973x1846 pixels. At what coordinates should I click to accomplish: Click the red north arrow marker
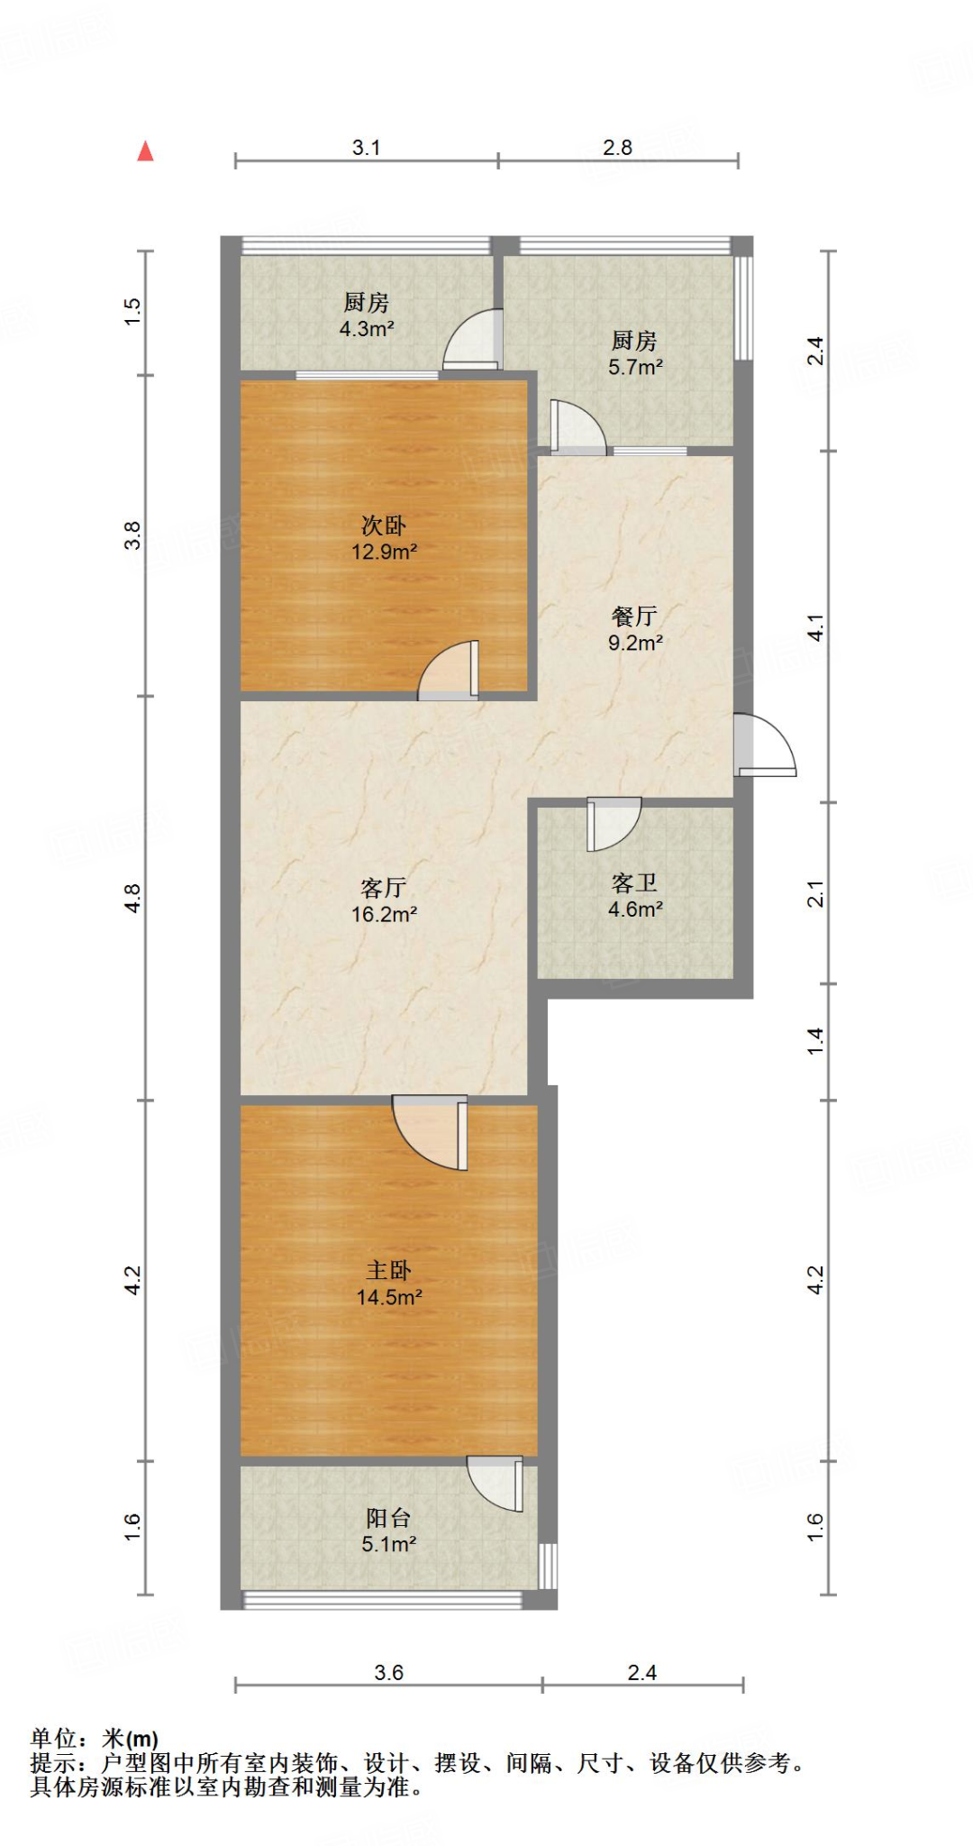tap(145, 151)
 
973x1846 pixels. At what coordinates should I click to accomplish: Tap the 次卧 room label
tap(383, 525)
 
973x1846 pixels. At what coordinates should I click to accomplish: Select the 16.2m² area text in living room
tap(384, 914)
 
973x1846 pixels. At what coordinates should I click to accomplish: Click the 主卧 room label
tap(388, 1270)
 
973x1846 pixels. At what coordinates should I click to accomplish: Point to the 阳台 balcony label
tap(388, 1518)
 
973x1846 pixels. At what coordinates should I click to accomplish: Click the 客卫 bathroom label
tap(634, 882)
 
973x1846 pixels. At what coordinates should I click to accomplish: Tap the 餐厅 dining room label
tap(634, 616)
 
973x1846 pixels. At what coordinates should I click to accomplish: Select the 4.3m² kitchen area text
tap(366, 329)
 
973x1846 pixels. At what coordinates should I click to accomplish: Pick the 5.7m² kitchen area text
tap(635, 367)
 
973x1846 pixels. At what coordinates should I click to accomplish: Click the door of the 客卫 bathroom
tap(613, 823)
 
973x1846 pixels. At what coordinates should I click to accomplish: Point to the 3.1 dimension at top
tap(366, 147)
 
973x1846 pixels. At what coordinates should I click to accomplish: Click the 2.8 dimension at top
tap(617, 147)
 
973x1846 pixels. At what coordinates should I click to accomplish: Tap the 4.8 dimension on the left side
tap(132, 898)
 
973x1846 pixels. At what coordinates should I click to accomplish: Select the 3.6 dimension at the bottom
tap(388, 1672)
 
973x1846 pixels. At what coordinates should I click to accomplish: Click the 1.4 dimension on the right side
tap(815, 1041)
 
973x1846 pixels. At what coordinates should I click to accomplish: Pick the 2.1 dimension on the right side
tap(815, 893)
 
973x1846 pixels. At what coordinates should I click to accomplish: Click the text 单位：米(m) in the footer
tap(94, 1738)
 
